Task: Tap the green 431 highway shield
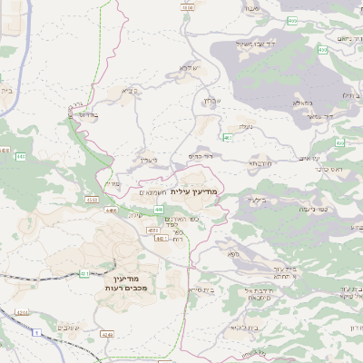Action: point(84,271)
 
